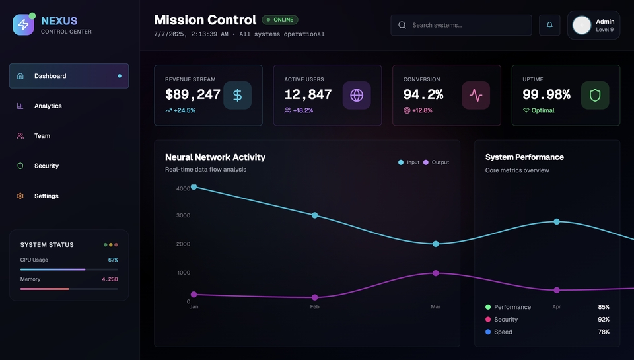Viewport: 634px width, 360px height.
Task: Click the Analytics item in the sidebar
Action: point(48,106)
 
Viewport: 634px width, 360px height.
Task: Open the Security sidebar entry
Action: point(46,166)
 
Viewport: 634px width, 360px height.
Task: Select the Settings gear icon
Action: point(20,196)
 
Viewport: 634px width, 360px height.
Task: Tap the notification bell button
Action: point(549,25)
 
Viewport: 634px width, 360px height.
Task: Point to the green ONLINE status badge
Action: point(280,20)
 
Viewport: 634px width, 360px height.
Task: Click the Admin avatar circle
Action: point(582,25)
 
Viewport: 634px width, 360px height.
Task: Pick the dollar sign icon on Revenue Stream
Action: point(237,95)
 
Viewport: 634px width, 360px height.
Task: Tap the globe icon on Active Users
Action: point(357,95)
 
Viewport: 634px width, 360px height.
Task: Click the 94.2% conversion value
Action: point(423,94)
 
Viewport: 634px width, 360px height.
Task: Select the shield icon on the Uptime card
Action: point(595,95)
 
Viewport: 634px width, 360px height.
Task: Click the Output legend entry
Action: point(437,162)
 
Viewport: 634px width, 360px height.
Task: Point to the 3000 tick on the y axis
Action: point(184,215)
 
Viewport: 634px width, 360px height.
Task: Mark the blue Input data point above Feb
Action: point(314,215)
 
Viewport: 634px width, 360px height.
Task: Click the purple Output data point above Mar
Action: point(435,273)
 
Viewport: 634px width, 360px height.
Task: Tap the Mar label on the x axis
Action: point(435,307)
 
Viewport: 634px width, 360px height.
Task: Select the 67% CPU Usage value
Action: point(113,260)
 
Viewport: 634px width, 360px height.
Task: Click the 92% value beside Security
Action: point(603,320)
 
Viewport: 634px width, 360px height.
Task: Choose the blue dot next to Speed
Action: point(488,332)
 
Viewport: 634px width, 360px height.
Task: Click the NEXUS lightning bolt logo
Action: point(23,25)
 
